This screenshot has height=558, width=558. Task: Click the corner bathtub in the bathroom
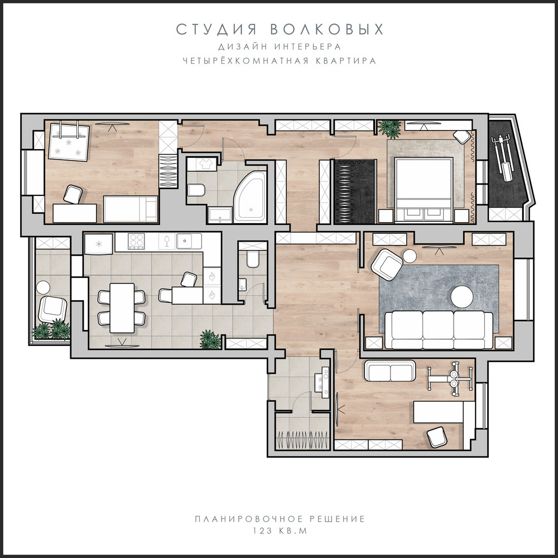[x=251, y=197]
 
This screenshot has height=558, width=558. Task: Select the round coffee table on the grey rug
[x=462, y=296]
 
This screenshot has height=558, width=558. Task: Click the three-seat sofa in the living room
[x=439, y=330]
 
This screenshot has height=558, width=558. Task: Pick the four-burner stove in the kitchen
[x=136, y=241]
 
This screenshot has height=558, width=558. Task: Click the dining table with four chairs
[x=122, y=308]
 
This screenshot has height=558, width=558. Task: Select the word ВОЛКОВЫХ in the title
[x=326, y=30]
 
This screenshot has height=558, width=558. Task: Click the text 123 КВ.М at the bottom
[x=280, y=531]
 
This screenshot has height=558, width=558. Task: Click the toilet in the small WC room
[x=253, y=259]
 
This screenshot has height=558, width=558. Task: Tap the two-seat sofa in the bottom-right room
[x=390, y=371]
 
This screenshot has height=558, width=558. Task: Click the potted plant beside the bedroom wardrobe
[x=389, y=129]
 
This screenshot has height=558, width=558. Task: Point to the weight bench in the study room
[x=450, y=379]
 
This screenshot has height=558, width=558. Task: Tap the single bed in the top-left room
[x=131, y=209]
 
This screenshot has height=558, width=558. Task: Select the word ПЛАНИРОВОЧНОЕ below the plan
[x=249, y=519]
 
